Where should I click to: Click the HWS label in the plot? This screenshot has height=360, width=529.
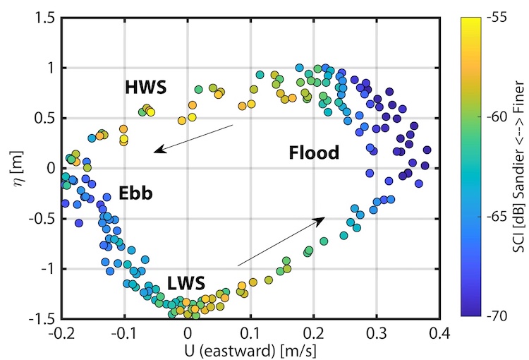pyautogui.click(x=145, y=88)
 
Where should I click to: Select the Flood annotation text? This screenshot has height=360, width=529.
pyautogui.click(x=314, y=152)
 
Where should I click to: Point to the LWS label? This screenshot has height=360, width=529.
pyautogui.click(x=186, y=284)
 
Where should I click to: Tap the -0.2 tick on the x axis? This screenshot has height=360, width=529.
pyautogui.click(x=61, y=332)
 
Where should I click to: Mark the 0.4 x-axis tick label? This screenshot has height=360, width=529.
pyautogui.click(x=439, y=332)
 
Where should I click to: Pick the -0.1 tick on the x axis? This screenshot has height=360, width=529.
pyautogui.click(x=124, y=332)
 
